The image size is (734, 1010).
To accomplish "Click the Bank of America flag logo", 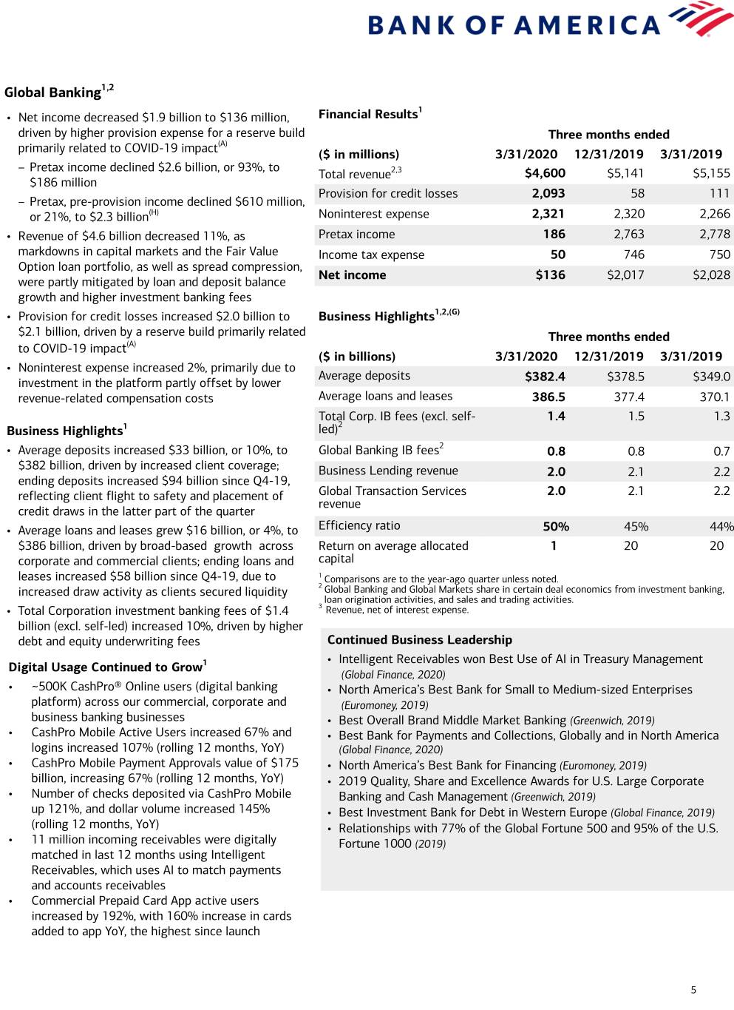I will point(700,18).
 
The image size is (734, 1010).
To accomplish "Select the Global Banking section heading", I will point(52,92).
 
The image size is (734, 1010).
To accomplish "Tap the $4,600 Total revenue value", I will point(545,173).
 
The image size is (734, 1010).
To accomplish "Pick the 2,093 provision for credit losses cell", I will point(548,193).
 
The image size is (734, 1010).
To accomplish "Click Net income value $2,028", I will point(711,275).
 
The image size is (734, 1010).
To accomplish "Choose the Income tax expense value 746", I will point(633,255).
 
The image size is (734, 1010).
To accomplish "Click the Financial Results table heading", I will point(368,114).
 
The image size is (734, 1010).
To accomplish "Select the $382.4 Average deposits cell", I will point(545,377).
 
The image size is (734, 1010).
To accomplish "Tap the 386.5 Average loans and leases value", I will point(548,397).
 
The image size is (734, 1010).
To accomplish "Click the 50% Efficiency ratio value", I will point(556,527).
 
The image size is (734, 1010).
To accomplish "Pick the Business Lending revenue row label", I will point(388,471).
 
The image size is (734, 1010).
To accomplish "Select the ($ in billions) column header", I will point(357,356).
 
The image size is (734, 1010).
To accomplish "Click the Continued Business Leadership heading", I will point(419,640).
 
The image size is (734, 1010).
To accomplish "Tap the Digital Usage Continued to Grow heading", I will point(105,667).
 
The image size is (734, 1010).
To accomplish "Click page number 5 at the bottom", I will point(693,990).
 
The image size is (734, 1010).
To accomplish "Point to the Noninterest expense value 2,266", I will point(714,214).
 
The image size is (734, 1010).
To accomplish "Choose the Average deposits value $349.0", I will point(711,377).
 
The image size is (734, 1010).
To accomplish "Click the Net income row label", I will point(352,275).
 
